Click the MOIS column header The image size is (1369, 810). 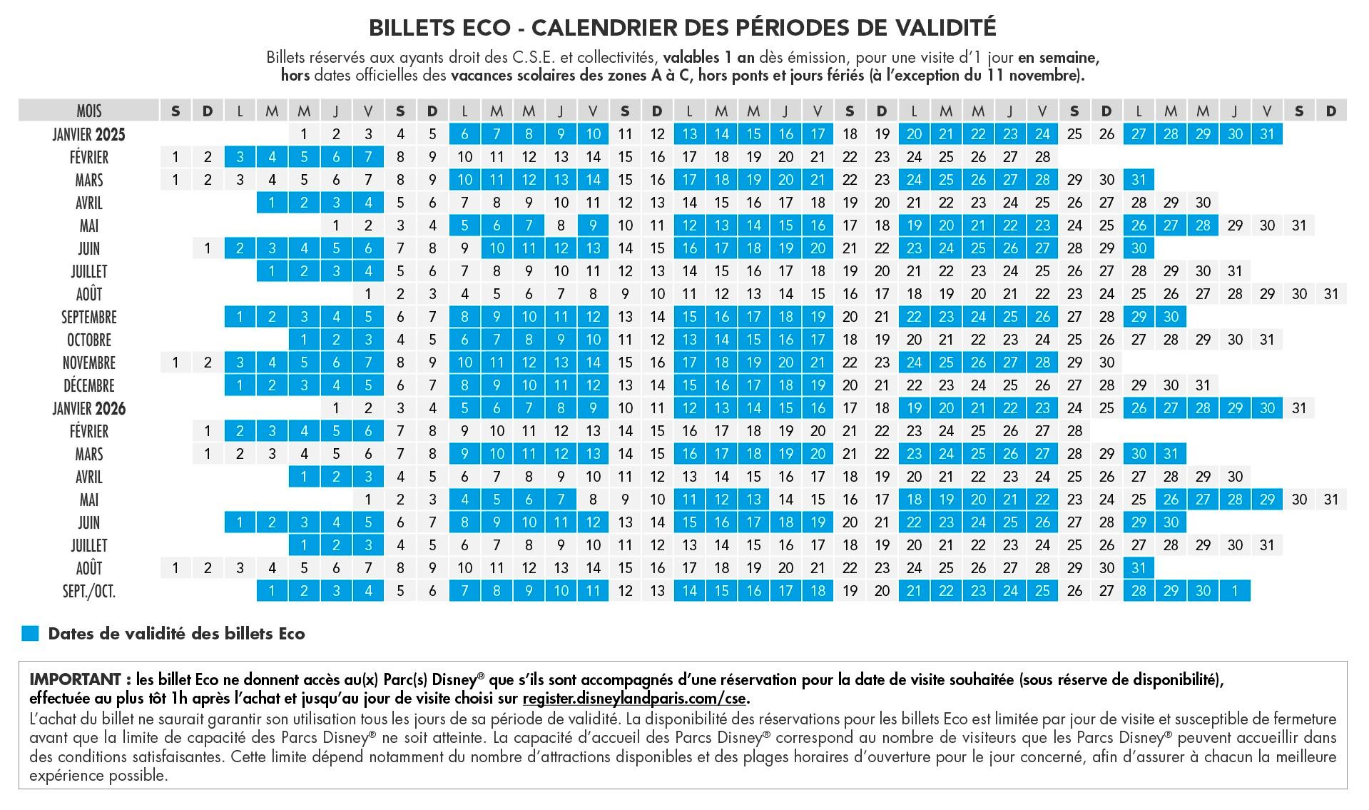pyautogui.click(x=89, y=111)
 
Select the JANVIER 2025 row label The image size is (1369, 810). pyautogui.click(x=89, y=134)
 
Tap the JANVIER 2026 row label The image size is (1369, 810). pyautogui.click(x=89, y=408)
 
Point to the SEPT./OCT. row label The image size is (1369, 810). pyautogui.click(x=89, y=591)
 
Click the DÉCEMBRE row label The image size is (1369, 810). pyautogui.click(x=89, y=385)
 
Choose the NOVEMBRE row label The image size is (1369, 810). pyautogui.click(x=89, y=363)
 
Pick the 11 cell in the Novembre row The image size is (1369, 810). pyautogui.click(x=497, y=363)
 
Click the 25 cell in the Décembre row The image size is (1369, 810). pyautogui.click(x=1011, y=385)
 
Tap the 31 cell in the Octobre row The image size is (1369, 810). pyautogui.click(x=1268, y=340)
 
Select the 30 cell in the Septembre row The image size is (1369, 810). pyautogui.click(x=1171, y=317)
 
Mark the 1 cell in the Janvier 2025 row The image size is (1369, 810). pyautogui.click(x=305, y=134)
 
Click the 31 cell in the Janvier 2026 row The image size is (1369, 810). pyautogui.click(x=1300, y=408)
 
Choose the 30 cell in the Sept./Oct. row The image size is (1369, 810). pyautogui.click(x=1203, y=591)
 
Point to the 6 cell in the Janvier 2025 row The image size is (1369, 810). pyautogui.click(x=465, y=134)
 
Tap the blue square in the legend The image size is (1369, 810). pyautogui.click(x=30, y=634)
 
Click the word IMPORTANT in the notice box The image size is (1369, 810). pyautogui.click(x=75, y=679)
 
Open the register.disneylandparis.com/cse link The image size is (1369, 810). pyautogui.click(x=635, y=698)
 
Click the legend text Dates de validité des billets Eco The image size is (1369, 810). pyautogui.click(x=176, y=634)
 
